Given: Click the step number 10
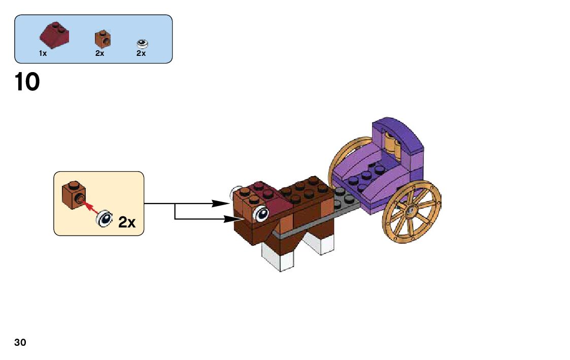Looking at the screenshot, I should pyautogui.click(x=27, y=82).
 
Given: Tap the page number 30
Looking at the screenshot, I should pyautogui.click(x=20, y=342).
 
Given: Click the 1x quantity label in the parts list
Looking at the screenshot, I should pyautogui.click(x=43, y=53).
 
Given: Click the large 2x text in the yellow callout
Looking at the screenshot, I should pyautogui.click(x=126, y=222).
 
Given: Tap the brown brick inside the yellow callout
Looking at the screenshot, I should pyautogui.click(x=74, y=194).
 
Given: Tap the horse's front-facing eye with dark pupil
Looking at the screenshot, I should pyautogui.click(x=262, y=214).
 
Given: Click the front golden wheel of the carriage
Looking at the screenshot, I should pyautogui.click(x=411, y=211).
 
